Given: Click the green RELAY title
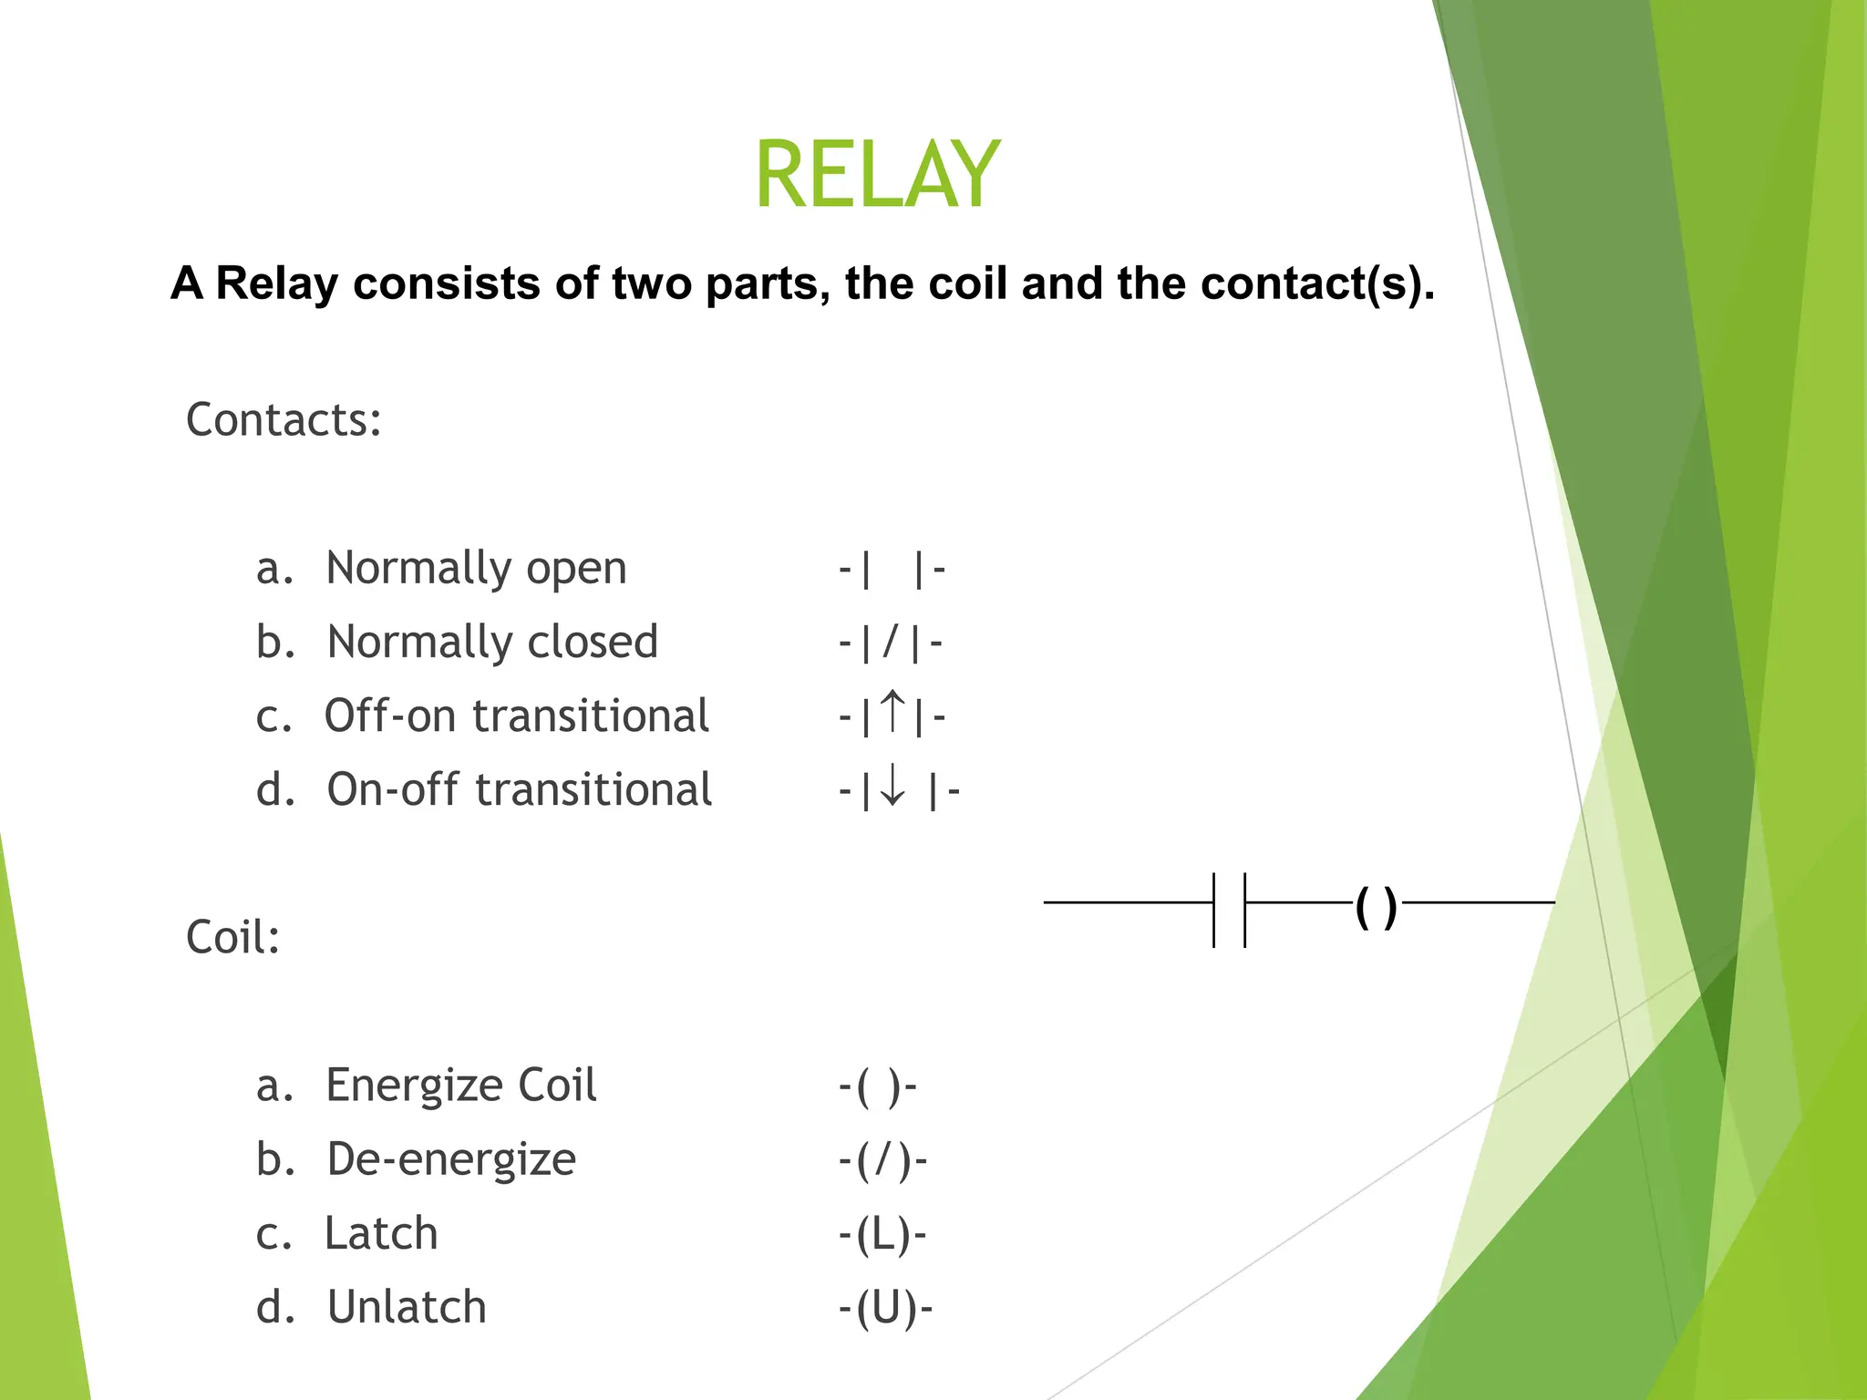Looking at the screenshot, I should pos(877,175).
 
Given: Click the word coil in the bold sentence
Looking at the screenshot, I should pos(970,283).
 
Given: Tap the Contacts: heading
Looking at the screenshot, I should pos(284,420).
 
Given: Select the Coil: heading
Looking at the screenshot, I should pos(233,937).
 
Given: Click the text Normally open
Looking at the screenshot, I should pos(476,568).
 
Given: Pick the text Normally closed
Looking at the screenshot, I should pos(492,642).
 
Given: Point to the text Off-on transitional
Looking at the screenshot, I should pos(516,715).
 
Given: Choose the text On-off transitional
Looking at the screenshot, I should pos(519,789).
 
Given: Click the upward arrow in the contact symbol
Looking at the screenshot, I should pos(894,713).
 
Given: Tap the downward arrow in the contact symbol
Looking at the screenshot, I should pos(893,787).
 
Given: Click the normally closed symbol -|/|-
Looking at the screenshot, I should pos(891,643).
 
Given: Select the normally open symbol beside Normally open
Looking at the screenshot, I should pos(892,570).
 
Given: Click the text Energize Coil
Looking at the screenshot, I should pos(460,1086).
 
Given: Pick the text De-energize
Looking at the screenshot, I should pos(451,1159).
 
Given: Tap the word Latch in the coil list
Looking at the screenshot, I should pos(381,1233).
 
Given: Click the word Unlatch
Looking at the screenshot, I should pos(407,1307).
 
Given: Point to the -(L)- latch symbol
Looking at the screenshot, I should pos(882,1235).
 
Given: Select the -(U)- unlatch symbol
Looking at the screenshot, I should pos(885,1309).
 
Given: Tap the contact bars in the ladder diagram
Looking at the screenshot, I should pos(1229,910).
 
